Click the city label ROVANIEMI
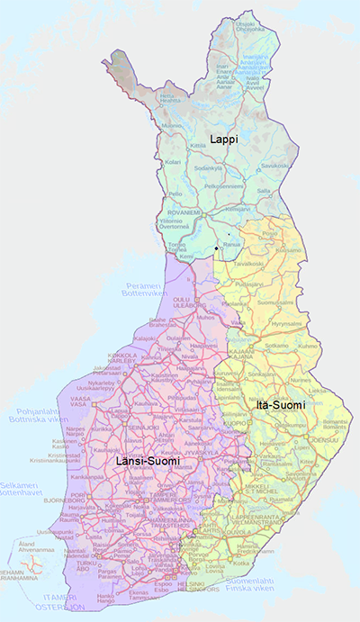(x=184, y=213)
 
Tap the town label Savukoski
(x=274, y=165)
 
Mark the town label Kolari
(x=173, y=162)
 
